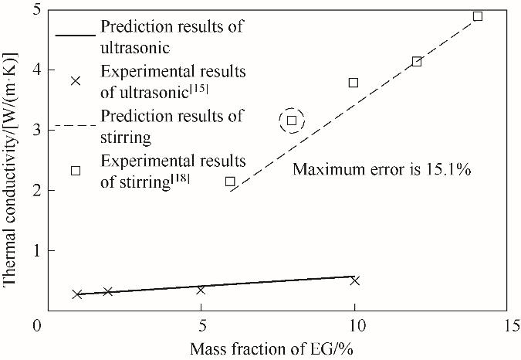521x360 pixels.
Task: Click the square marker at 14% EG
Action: pyautogui.click(x=478, y=16)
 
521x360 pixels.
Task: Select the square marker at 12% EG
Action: pyautogui.click(x=417, y=61)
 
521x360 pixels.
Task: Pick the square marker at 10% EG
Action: pyautogui.click(x=354, y=82)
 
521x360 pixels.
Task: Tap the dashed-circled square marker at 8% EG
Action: pyautogui.click(x=292, y=120)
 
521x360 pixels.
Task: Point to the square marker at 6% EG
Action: pyautogui.click(x=230, y=181)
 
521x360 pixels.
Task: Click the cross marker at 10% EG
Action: pyautogui.click(x=355, y=280)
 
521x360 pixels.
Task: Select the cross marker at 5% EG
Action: pyautogui.click(x=201, y=290)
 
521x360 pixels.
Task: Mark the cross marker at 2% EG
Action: pyautogui.click(x=108, y=291)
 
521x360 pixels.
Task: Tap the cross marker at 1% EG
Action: pyautogui.click(x=77, y=294)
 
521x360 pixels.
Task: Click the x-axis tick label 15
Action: pyautogui.click(x=506, y=324)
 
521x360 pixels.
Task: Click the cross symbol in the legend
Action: pyautogui.click(x=76, y=80)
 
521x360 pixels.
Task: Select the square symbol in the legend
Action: pyautogui.click(x=76, y=170)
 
